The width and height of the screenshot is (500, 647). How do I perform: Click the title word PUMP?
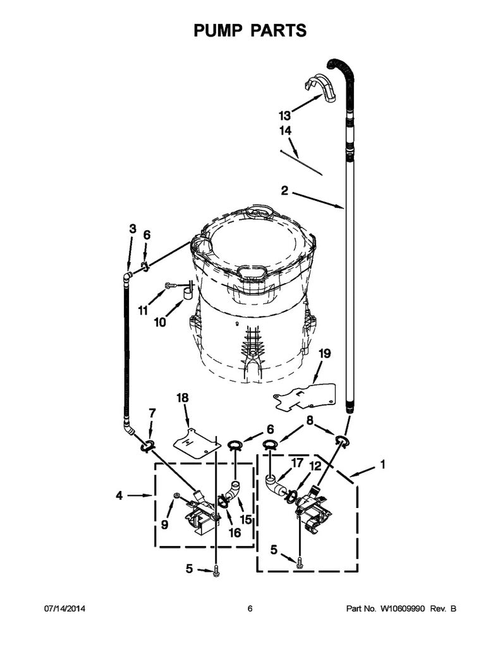coord(217,30)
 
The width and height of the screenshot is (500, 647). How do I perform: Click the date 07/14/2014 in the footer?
coord(64,608)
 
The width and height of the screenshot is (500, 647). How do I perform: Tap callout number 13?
coord(284,115)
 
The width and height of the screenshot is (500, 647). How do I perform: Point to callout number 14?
coord(285,130)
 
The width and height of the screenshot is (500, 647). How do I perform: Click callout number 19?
coord(325,354)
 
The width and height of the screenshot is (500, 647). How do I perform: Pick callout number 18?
coord(182,397)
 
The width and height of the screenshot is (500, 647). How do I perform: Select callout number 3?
coord(132,229)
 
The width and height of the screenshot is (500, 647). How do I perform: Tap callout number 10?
coord(160,322)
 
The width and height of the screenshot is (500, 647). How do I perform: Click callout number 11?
coord(143,310)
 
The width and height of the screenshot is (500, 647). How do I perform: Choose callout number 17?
coord(297,463)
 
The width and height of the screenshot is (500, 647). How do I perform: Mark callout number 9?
coord(164,524)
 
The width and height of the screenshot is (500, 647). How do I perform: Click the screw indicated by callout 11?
coord(171,285)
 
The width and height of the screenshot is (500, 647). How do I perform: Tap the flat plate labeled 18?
coord(196,443)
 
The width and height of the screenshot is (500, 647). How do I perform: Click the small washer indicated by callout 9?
coord(176,494)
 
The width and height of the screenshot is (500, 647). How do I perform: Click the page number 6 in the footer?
coord(250,608)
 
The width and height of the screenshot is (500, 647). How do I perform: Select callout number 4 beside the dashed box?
coord(119,495)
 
